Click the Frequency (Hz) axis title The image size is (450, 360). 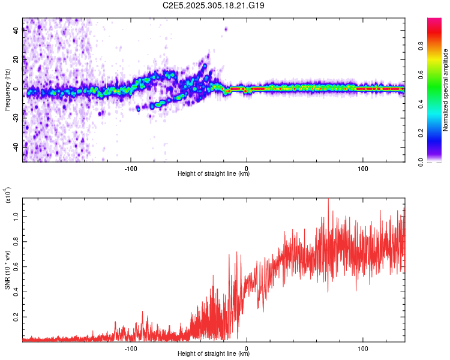[x=7, y=90]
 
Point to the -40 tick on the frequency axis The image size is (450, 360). [x=16, y=146]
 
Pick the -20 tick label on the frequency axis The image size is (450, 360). [x=16, y=118]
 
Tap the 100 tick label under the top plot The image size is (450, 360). [x=363, y=168]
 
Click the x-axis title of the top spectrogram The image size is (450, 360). [x=214, y=174]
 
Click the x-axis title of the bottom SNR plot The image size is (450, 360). [x=214, y=354]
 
